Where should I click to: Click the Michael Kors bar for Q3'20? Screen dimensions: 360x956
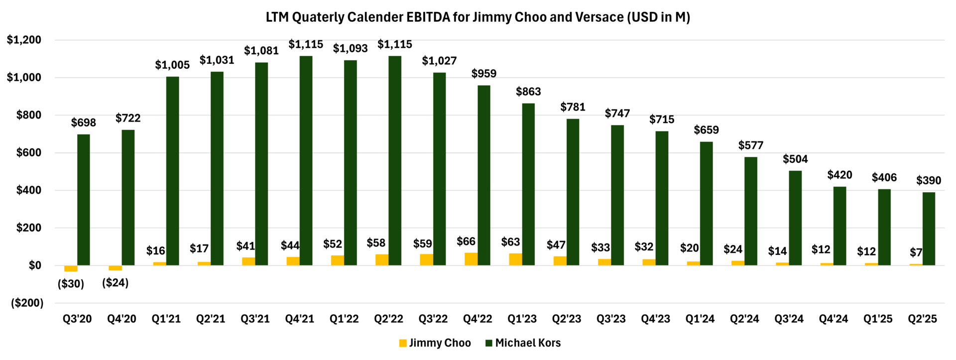(84, 200)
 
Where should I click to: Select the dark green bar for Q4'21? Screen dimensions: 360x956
(306, 160)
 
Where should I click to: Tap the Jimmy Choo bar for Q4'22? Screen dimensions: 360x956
(471, 259)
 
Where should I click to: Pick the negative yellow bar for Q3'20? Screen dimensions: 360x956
(71, 268)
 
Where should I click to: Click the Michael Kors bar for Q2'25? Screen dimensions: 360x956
(929, 229)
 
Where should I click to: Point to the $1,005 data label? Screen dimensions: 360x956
(172, 65)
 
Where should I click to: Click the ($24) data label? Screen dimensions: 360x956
(115, 283)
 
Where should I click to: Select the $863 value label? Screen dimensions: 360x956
(528, 92)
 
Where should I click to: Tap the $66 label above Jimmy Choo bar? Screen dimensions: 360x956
(466, 241)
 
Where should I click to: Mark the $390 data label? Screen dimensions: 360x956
(929, 180)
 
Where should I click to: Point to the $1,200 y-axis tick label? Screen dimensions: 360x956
(24, 40)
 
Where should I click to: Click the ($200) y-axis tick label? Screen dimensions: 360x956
(27, 303)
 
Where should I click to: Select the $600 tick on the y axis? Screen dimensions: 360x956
(29, 153)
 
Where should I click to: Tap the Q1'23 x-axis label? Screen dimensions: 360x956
(522, 319)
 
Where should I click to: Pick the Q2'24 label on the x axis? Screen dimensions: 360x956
(744, 319)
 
